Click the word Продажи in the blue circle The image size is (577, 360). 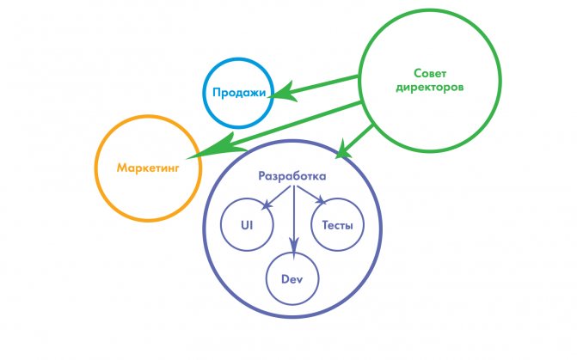point(239,92)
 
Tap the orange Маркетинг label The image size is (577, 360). point(148,168)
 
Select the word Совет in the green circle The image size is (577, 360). point(430,73)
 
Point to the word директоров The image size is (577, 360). point(429,88)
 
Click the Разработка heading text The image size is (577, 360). point(292,176)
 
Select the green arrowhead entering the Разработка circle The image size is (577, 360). point(342,150)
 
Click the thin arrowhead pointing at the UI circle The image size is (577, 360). point(267,204)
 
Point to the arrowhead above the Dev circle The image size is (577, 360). point(293,245)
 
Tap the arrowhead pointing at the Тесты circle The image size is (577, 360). point(321,199)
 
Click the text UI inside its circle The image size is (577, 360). point(247,225)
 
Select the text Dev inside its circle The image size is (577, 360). point(292,279)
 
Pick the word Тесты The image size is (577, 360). point(337,225)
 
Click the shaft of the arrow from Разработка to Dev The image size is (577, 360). point(293,213)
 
